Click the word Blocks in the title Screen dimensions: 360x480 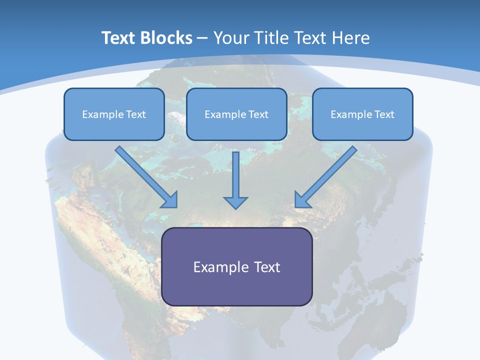pyautogui.click(x=167, y=38)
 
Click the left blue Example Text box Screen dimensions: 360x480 pyautogui.click(x=114, y=114)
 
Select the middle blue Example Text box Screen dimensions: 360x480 pyautogui.click(x=236, y=114)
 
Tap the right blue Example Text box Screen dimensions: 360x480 pyautogui.click(x=362, y=114)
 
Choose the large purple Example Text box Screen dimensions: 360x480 pyautogui.click(x=236, y=266)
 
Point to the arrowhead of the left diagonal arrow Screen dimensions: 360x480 pyautogui.click(x=170, y=200)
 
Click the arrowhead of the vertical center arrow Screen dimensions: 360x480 pyautogui.click(x=235, y=202)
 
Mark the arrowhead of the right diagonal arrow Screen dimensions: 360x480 pyautogui.click(x=301, y=200)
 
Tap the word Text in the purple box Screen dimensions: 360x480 pyautogui.click(x=267, y=267)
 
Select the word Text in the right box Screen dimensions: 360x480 pyautogui.click(x=384, y=114)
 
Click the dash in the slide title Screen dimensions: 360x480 pyautogui.click(x=202, y=38)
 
